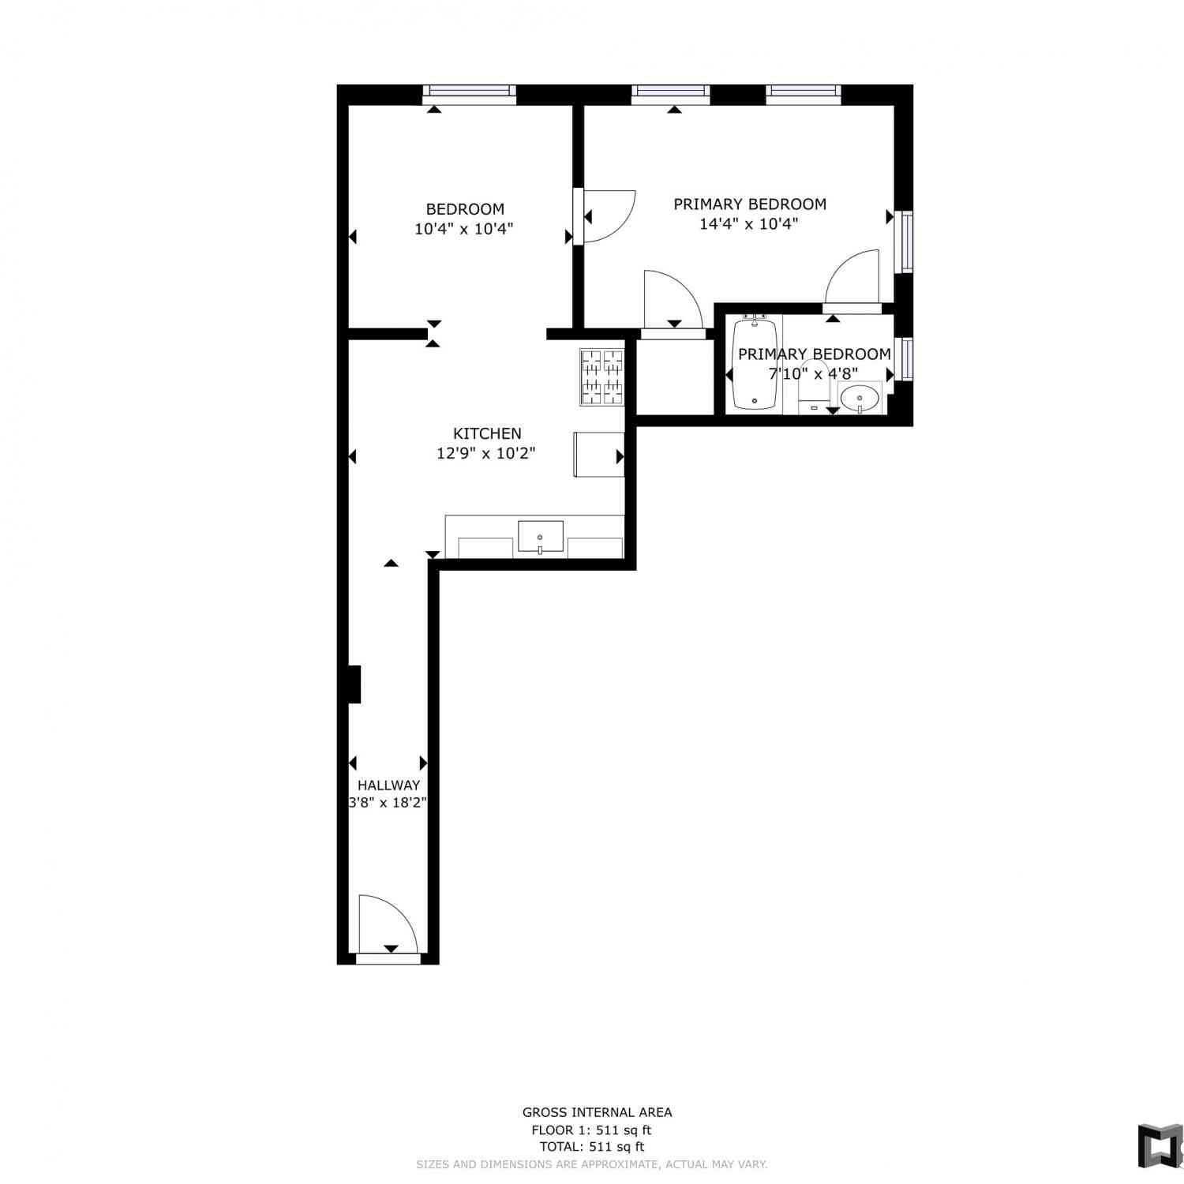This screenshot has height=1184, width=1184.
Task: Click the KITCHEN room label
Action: pos(487,433)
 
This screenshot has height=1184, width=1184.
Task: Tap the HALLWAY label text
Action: pos(388,785)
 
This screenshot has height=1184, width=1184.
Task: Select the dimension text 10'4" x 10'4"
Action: pos(464,229)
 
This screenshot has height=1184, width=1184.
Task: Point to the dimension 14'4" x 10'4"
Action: pos(749,223)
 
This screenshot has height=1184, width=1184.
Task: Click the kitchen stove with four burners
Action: pos(602,377)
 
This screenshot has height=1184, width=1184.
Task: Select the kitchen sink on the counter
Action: pos(541,537)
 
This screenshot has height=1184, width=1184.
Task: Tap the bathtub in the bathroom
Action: pos(755,363)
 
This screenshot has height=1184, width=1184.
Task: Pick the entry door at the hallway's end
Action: pos(388,927)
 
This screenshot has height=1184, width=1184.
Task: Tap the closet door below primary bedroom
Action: pos(673,304)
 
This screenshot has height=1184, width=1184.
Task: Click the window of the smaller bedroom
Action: pos(469,94)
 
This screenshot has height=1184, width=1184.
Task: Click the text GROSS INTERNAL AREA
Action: pos(598,1112)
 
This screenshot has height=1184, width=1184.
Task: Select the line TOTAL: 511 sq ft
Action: pos(592,1146)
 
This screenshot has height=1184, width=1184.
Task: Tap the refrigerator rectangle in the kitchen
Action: pos(599,455)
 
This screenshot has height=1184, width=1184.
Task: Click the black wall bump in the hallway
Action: pos(354,684)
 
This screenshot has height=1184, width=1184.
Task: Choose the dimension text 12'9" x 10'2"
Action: pos(486,453)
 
